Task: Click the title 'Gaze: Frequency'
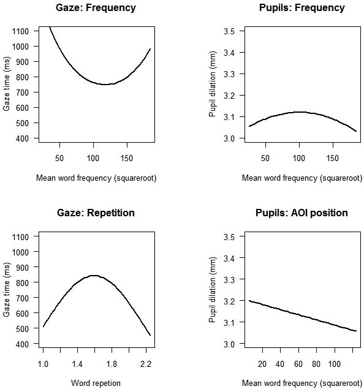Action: tap(96, 8)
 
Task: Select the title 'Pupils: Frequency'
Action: tap(301, 8)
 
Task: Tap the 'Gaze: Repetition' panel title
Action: tap(96, 213)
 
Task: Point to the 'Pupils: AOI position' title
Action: tap(301, 213)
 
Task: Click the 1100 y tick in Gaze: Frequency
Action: tap(20, 31)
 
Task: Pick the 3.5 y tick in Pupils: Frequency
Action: tap(230, 31)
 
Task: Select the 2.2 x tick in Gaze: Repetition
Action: tap(146, 364)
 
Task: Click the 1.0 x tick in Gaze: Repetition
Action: tap(43, 364)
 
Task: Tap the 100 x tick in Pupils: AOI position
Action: tap(335, 364)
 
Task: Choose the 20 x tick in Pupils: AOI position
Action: tap(262, 364)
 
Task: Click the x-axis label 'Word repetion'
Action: tap(96, 383)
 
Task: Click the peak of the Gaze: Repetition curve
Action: tap(94, 276)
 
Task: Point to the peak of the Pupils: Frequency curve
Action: tap(300, 112)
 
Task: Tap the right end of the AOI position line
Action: tap(356, 331)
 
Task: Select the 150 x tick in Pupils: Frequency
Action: tap(333, 158)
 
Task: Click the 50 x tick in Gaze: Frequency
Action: tap(59, 158)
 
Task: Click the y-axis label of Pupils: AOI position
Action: tap(213, 290)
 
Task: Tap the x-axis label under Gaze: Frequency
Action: tap(96, 178)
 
